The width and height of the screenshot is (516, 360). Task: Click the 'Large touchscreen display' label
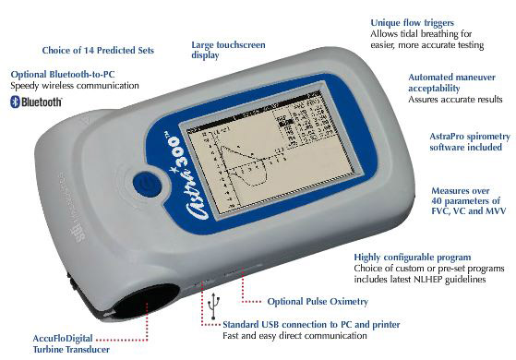click(230, 48)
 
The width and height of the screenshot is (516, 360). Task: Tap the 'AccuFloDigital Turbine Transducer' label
click(70, 343)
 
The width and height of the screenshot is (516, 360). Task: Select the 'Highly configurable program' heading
click(413, 257)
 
